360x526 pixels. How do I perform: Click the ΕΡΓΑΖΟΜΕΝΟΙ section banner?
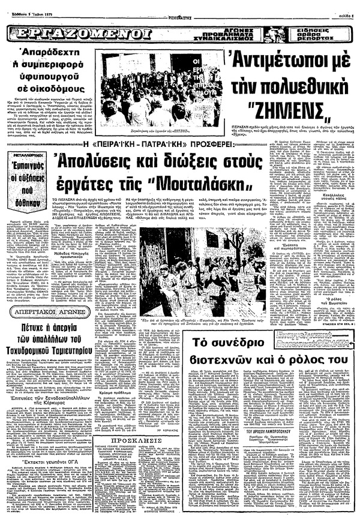click(77, 32)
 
